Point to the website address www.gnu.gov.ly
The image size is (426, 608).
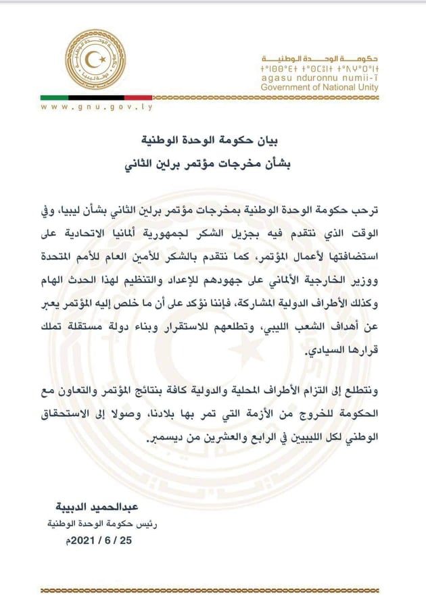coord(95,107)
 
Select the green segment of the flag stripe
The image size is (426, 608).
coord(53,97)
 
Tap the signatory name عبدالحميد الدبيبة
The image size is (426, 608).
coord(83,507)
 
